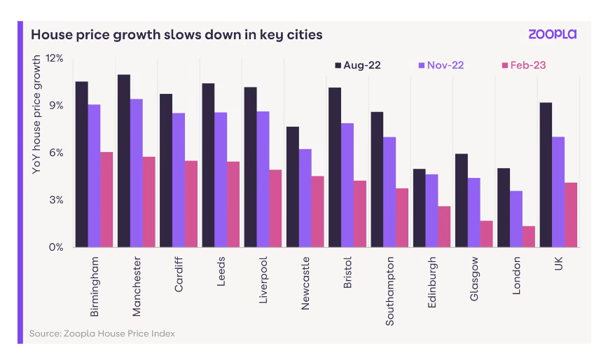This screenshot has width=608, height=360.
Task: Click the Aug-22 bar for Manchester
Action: [x=124, y=160]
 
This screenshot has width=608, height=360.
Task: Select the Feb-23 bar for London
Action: [x=528, y=236]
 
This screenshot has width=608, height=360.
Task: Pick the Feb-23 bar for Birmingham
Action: [x=106, y=200]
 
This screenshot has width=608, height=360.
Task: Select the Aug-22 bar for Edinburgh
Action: [x=419, y=207]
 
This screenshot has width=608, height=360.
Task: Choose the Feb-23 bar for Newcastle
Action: [x=318, y=211]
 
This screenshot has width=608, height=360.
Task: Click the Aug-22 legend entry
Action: [x=357, y=65]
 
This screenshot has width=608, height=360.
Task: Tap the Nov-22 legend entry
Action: [x=441, y=65]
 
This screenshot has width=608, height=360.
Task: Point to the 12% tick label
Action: [x=55, y=58]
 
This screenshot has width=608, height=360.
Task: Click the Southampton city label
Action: [x=390, y=291]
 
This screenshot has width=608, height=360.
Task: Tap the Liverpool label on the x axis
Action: [x=263, y=281]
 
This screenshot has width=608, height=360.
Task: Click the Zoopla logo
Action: [x=552, y=34]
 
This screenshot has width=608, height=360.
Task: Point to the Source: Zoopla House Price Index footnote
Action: [x=102, y=333]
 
